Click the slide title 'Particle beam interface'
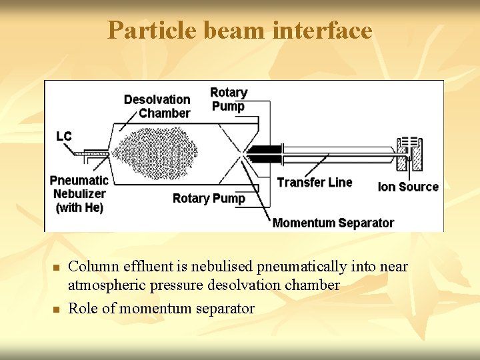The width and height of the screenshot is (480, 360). click(x=240, y=30)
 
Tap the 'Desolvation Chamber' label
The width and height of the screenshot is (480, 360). click(x=157, y=106)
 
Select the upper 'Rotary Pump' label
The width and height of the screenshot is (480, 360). click(x=228, y=99)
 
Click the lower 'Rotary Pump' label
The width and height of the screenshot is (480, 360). click(x=209, y=198)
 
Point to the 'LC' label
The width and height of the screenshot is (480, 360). click(x=64, y=136)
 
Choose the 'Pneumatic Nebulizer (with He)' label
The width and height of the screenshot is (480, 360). click(x=79, y=194)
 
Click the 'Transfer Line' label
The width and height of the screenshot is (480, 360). click(x=314, y=182)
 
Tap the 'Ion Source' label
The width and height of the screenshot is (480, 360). click(x=408, y=187)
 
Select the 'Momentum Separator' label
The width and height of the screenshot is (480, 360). click(x=333, y=223)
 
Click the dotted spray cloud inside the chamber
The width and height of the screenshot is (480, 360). click(x=157, y=153)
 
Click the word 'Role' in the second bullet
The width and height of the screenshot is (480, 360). click(x=83, y=308)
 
